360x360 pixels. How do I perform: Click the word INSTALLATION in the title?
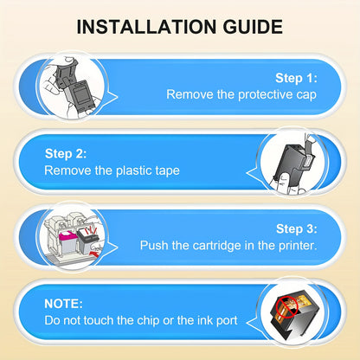pos(146,27)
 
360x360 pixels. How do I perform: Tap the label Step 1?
pos(296,78)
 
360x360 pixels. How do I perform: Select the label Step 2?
pos(66,153)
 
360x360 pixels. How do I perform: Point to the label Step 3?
pos(297,228)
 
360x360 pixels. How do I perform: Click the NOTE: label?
pos(63,304)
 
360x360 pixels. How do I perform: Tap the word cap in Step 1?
pos(306,96)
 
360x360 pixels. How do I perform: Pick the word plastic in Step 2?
pos(133,170)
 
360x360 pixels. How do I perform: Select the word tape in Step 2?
pos(167,171)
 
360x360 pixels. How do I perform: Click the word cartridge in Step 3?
pos(216,246)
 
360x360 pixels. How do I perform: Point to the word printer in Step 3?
pos(298,246)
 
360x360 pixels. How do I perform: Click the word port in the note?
pos(226,321)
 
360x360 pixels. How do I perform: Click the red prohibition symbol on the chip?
pos(286,306)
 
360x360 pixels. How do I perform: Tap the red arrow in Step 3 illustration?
pos(95,254)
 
